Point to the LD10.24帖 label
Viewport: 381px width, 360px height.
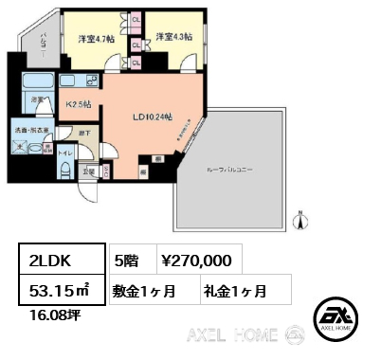coord(152,117)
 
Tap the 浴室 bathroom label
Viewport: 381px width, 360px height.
coord(35,99)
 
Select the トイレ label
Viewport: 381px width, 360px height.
coord(63,152)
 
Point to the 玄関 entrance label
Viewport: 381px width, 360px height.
coord(87,171)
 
